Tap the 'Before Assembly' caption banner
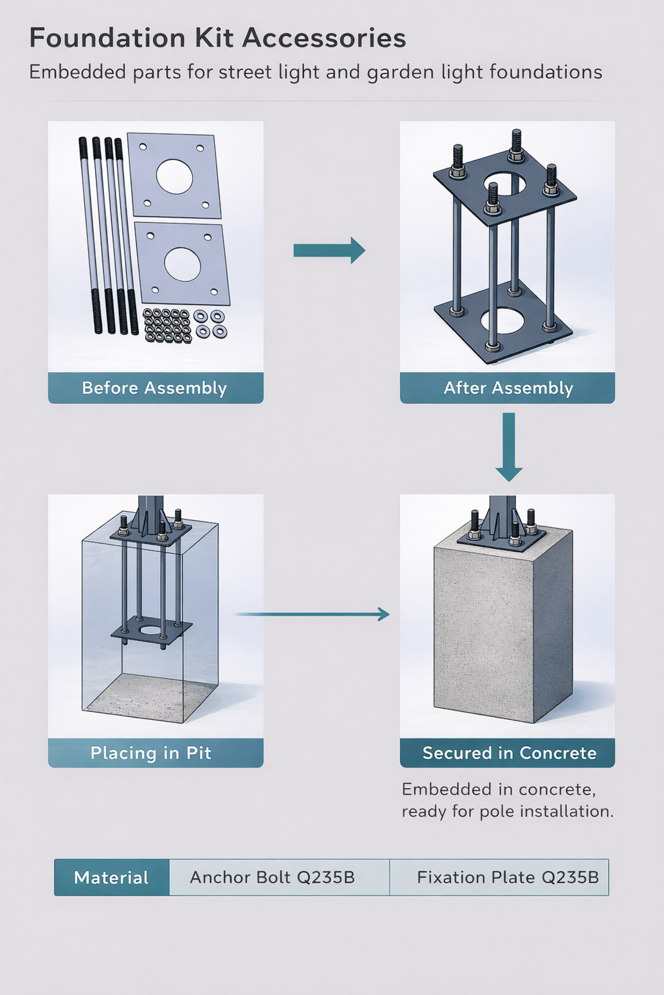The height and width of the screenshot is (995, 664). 155,388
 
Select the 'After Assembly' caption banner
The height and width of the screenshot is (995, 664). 507,388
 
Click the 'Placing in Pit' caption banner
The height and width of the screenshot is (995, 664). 155,753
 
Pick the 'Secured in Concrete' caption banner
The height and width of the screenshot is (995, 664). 507,753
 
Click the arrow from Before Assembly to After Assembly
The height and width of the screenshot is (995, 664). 329,250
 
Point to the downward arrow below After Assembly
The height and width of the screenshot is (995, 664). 509,447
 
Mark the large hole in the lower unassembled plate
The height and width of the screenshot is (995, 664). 182,264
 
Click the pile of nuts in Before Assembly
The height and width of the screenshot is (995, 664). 167,326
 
